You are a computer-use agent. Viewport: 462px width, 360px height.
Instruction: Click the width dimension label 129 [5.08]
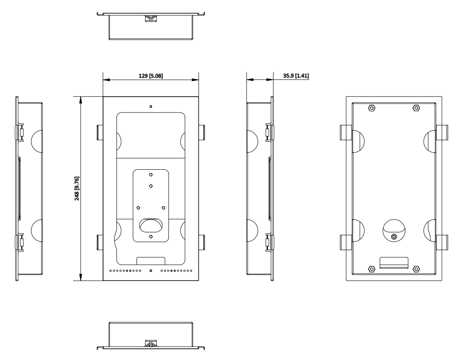click(x=151, y=76)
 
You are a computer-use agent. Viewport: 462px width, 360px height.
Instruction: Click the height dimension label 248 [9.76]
click(x=77, y=189)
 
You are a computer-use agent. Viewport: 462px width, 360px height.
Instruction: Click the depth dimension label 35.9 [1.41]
click(x=296, y=76)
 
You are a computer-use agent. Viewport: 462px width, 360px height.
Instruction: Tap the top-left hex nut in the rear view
click(x=371, y=108)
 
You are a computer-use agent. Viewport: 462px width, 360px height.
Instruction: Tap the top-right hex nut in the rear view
click(x=416, y=108)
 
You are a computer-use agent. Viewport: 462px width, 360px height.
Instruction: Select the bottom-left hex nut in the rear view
click(x=371, y=269)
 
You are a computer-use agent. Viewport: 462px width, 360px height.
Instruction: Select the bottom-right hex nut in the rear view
click(x=416, y=269)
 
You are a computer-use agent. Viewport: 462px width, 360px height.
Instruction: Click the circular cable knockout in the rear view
click(x=394, y=231)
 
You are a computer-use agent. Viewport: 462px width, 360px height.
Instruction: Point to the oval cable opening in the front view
click(x=151, y=225)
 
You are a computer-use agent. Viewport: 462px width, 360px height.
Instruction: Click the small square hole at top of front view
click(x=151, y=107)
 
